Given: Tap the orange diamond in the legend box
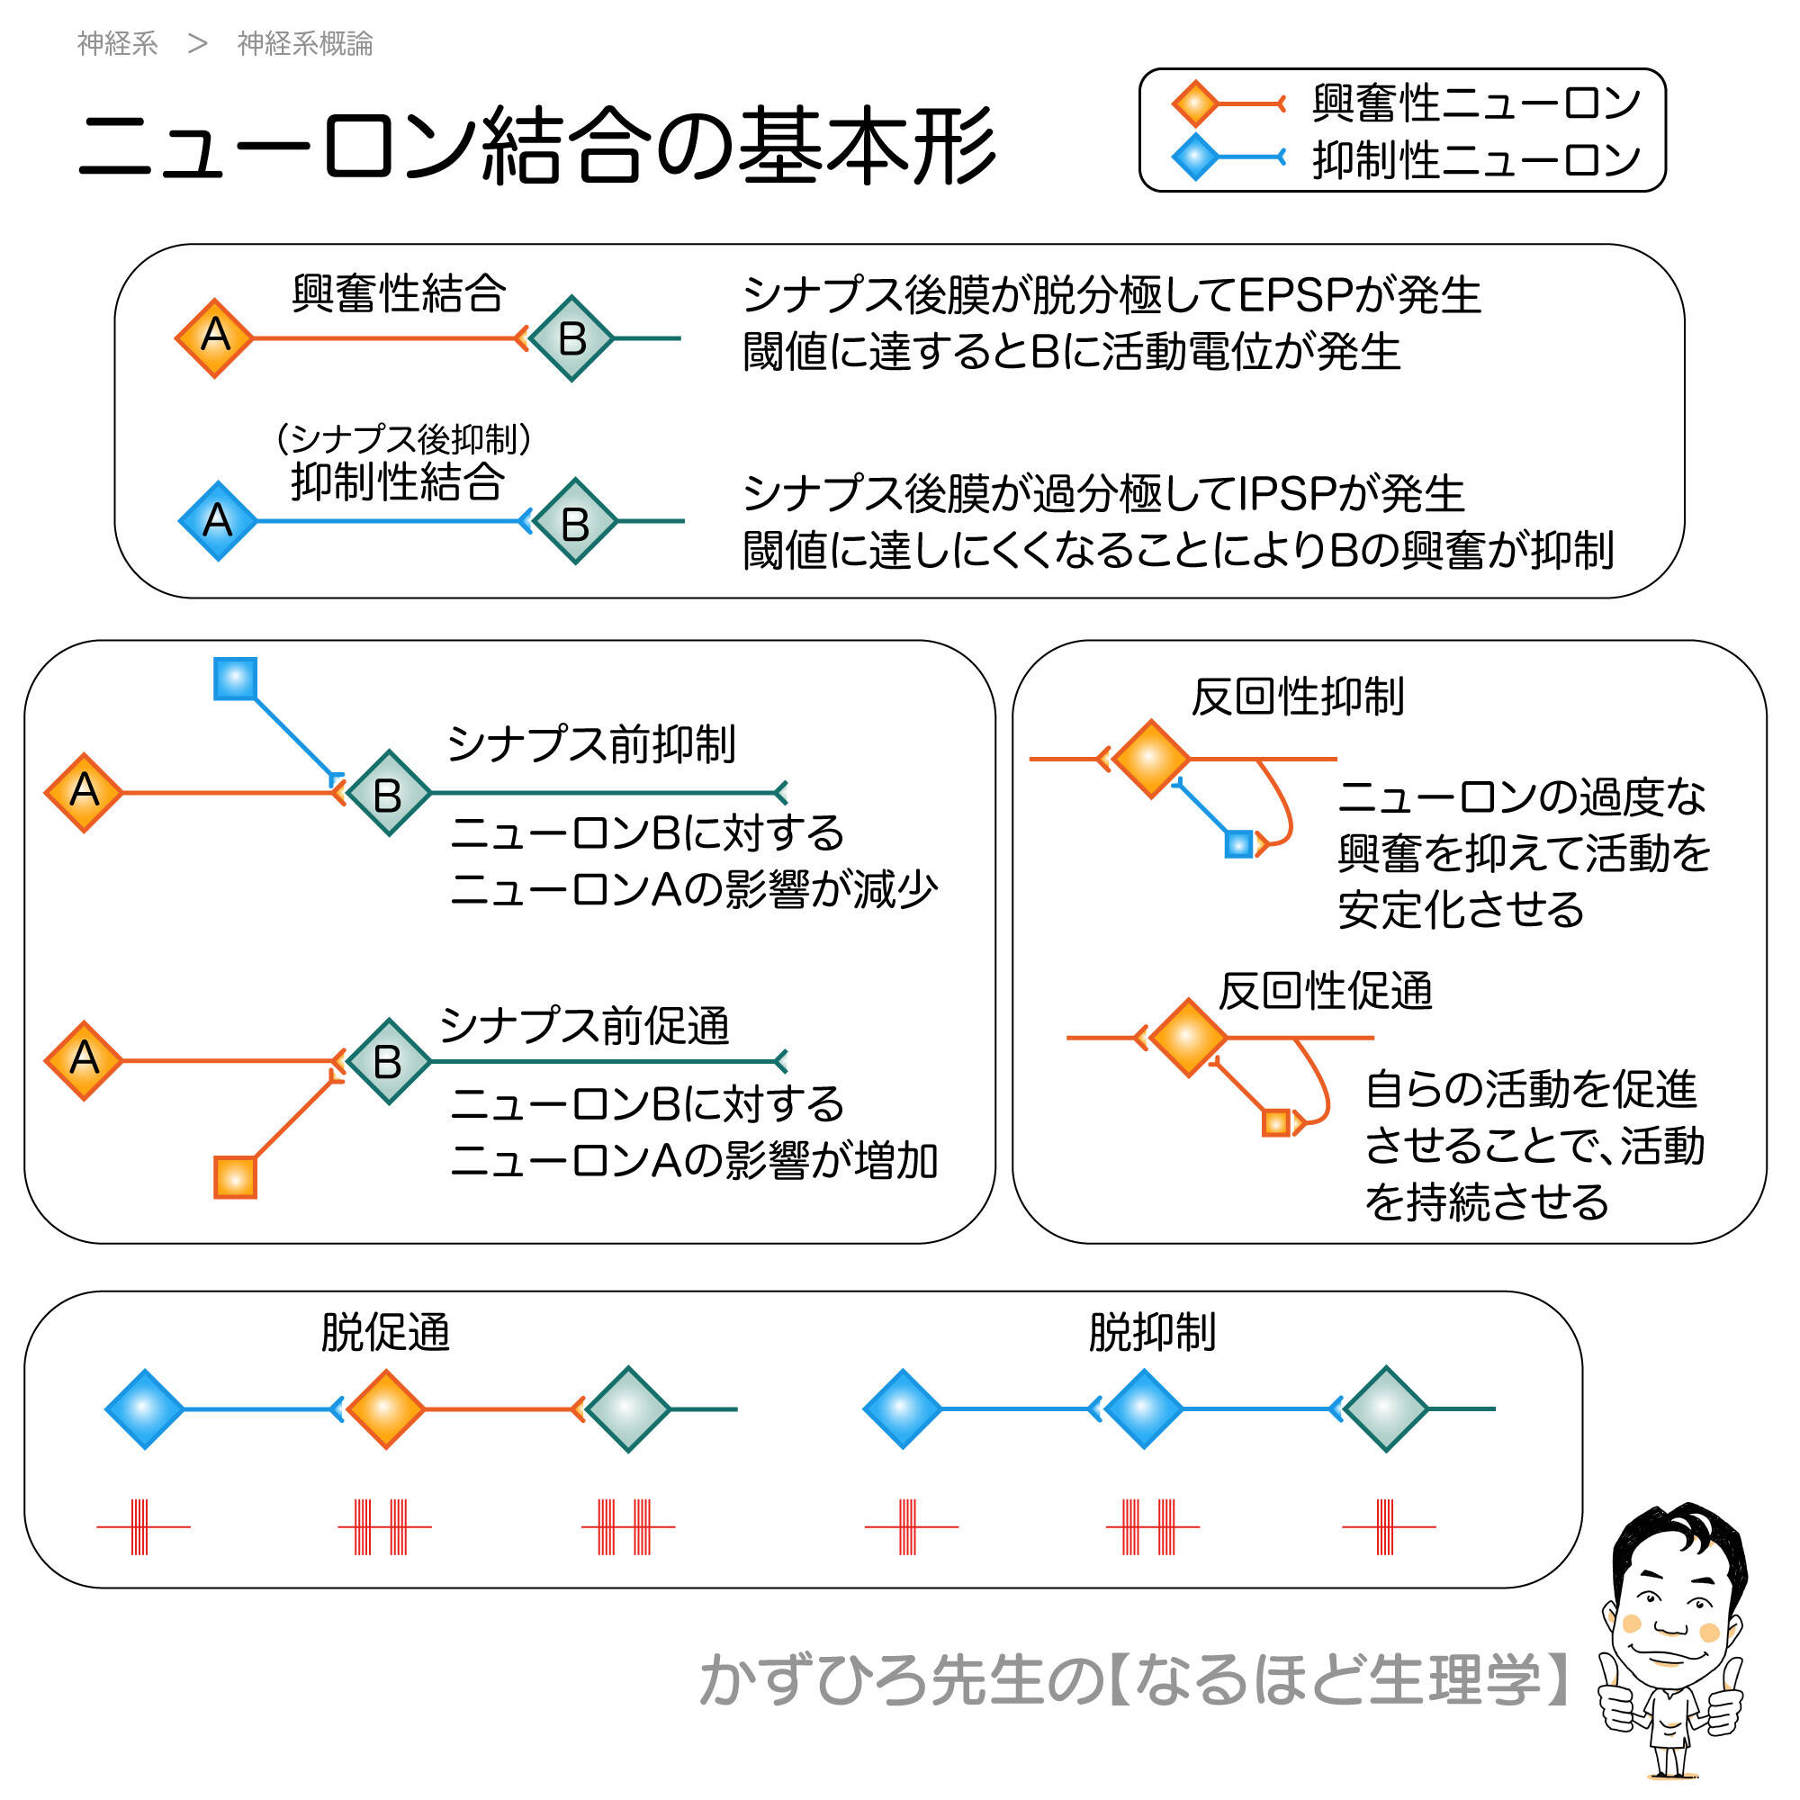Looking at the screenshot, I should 1194,103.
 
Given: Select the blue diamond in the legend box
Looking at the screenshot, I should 1194,157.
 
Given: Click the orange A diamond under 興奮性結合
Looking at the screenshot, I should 215,337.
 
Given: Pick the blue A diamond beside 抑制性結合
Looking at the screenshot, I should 218,521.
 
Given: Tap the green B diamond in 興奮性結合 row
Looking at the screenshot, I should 572,338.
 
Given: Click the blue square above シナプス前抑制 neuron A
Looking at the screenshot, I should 235,679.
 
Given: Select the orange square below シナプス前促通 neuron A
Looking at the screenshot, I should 235,1176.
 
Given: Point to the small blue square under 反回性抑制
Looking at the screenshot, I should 1238,845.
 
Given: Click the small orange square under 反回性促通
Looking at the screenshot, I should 1275,1122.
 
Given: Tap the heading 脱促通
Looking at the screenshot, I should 385,1332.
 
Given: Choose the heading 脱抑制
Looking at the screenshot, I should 1152,1332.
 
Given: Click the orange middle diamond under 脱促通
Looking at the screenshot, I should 386,1408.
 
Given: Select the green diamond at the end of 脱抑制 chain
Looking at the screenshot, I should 1385,1408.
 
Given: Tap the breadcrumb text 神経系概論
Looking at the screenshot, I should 305,44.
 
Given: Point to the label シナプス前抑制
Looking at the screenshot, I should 591,744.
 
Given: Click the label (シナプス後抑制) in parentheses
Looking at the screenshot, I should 403,438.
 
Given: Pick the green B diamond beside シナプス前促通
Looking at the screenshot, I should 389,1061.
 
